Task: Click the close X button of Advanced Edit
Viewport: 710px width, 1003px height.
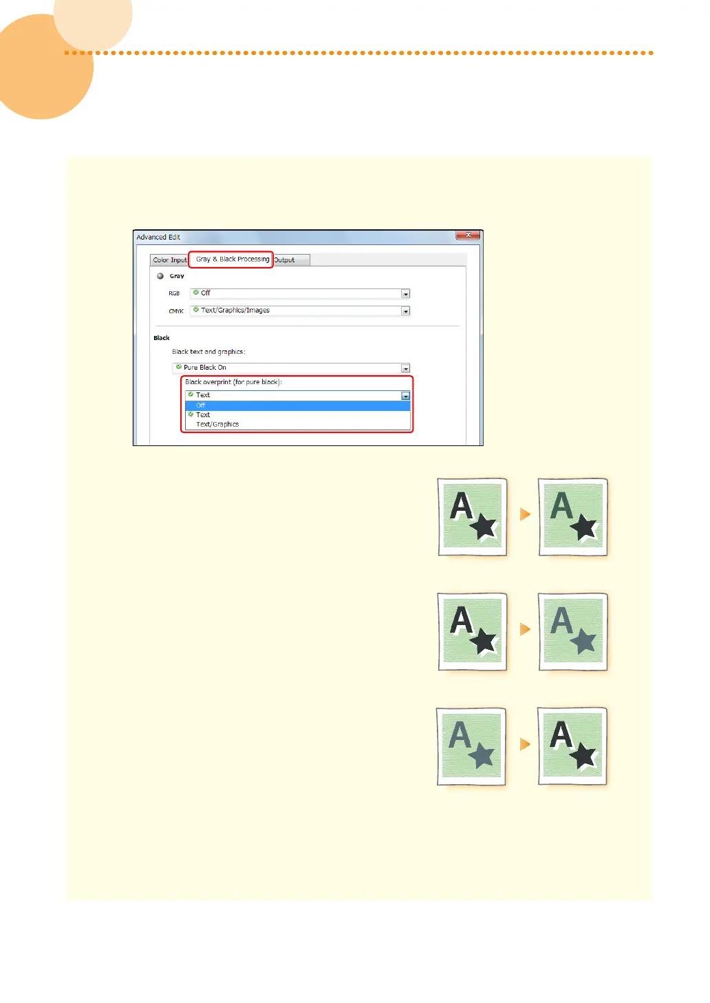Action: coord(468,235)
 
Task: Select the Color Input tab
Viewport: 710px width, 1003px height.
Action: coord(169,260)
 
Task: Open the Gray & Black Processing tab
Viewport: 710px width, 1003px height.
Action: coord(232,260)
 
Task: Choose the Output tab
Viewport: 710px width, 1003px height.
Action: coord(284,260)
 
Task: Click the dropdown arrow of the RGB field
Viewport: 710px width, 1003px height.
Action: coord(405,294)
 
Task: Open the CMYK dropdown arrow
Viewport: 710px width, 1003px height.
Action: coord(405,311)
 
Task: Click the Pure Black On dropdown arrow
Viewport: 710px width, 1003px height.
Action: coord(405,368)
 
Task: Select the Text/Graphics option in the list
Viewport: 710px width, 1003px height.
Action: coord(217,424)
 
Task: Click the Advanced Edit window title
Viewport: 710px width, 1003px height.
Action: coord(158,237)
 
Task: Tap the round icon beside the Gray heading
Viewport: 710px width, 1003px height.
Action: coord(160,276)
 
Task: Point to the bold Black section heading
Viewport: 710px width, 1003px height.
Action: coord(162,338)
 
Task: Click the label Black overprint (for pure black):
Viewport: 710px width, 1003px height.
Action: coord(233,382)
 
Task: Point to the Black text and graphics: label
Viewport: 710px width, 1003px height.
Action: coord(208,352)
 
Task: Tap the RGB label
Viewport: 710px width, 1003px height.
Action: coord(174,294)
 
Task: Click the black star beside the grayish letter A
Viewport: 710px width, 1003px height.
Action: coord(584,527)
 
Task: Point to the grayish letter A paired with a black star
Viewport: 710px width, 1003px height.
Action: coord(561,505)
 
